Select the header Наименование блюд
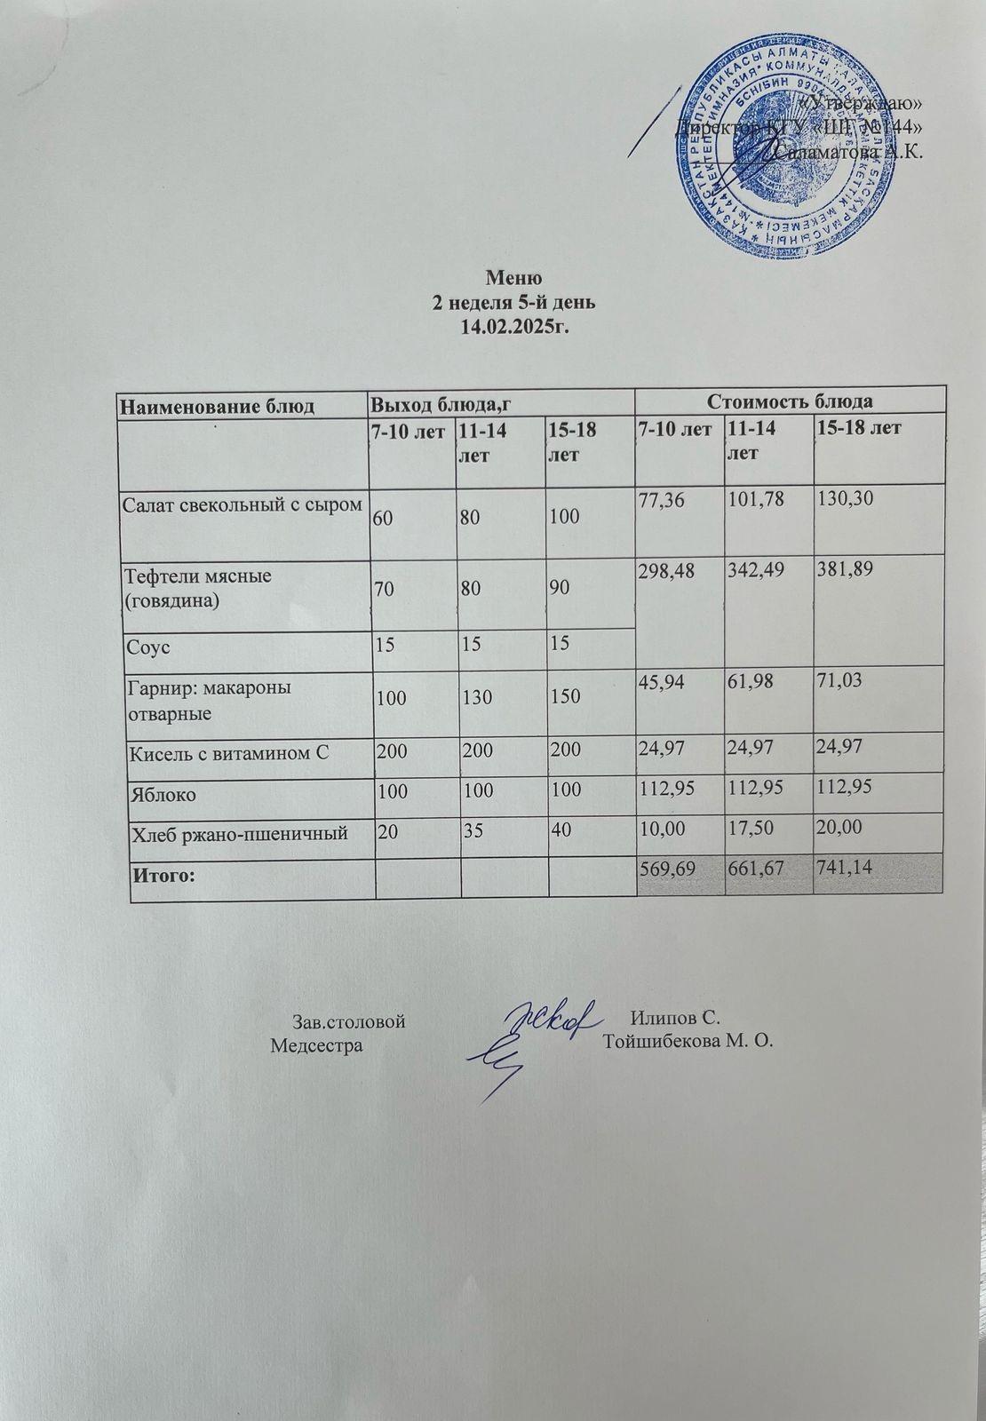(x=218, y=406)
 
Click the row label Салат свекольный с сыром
(x=243, y=505)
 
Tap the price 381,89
(x=846, y=575)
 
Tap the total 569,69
(x=667, y=868)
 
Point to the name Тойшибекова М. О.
(x=688, y=1042)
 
